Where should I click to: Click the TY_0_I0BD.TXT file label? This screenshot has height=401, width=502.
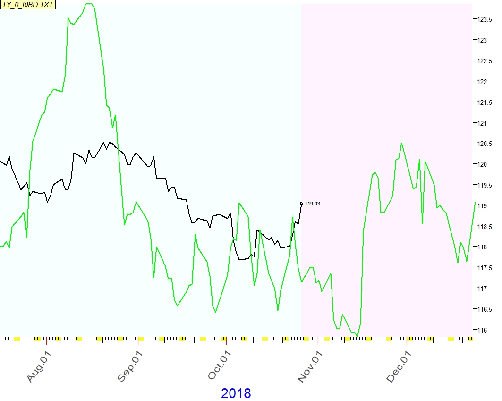click(x=28, y=5)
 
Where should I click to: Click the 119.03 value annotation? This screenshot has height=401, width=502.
click(x=313, y=204)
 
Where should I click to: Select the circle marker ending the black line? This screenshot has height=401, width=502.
click(x=301, y=204)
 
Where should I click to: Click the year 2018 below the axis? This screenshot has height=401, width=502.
click(x=236, y=393)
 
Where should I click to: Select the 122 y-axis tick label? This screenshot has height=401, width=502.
click(x=482, y=82)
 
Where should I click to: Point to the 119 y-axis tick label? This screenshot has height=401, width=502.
click(x=482, y=206)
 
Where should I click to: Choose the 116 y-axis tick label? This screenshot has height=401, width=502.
click(x=482, y=330)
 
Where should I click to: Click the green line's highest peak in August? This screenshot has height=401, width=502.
click(x=89, y=4)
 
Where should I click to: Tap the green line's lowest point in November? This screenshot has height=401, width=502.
click(x=357, y=336)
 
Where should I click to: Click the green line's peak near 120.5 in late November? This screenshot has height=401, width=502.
click(x=401, y=143)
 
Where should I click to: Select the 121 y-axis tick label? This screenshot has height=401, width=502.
click(x=482, y=123)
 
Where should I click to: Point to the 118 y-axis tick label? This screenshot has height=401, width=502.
click(x=482, y=247)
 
